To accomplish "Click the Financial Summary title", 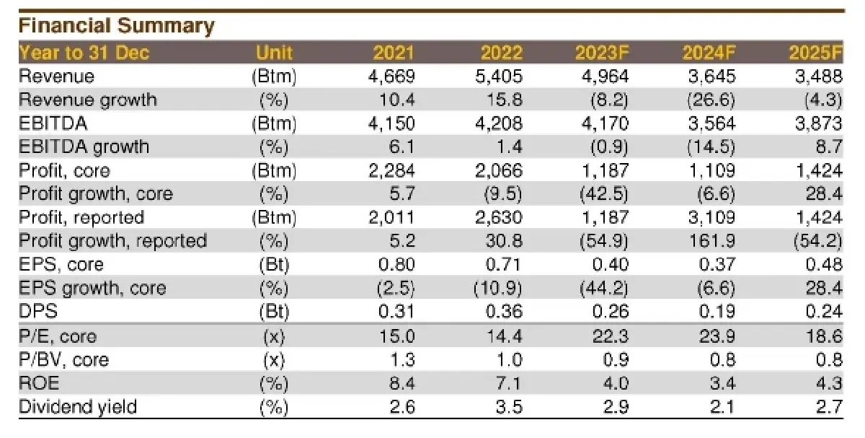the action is click(x=116, y=26).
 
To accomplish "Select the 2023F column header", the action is click(x=602, y=53).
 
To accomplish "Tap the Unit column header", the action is click(x=274, y=53).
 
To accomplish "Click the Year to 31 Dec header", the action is click(x=84, y=53).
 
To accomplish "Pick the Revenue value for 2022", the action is click(x=499, y=76).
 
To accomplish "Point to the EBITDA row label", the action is click(x=53, y=123).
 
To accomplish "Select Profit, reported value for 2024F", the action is click(x=711, y=217).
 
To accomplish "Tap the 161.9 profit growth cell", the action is click(x=712, y=241).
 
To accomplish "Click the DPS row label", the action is click(x=37, y=311).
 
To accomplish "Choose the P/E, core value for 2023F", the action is click(x=611, y=336).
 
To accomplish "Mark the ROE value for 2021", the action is click(x=402, y=383).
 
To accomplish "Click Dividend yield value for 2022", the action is click(x=510, y=407).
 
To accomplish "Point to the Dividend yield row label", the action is click(x=78, y=407).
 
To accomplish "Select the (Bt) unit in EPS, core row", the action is click(x=274, y=264).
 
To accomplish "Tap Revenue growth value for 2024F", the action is click(x=711, y=100).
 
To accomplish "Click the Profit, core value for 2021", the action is click(x=391, y=170).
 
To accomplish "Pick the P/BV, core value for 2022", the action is click(x=510, y=359).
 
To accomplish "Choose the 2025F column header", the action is click(x=815, y=53).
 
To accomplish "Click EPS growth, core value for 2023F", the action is click(x=604, y=289).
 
